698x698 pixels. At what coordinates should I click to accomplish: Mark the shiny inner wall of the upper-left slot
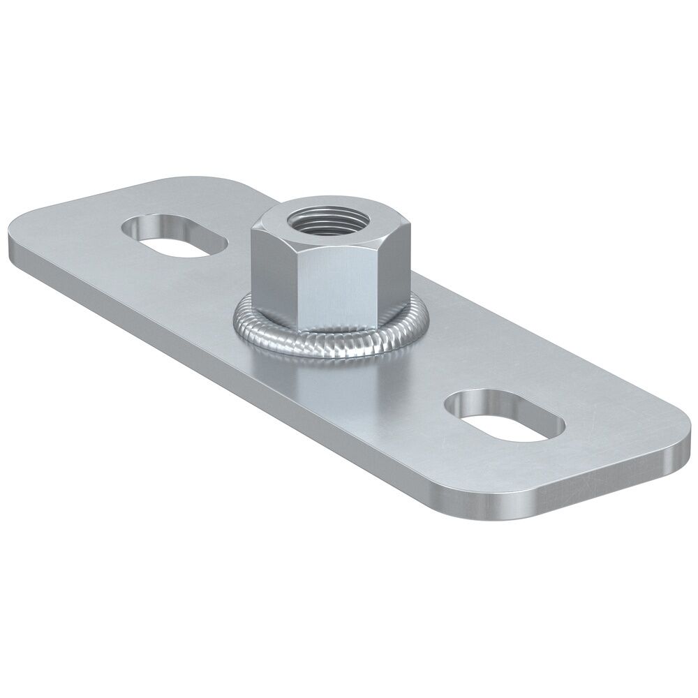click(168, 227)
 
